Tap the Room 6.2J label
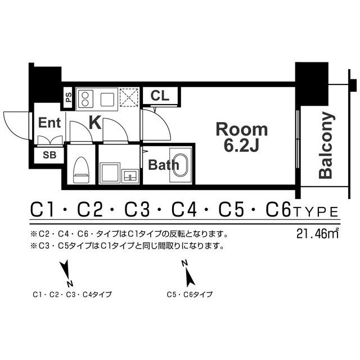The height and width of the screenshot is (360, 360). pyautogui.click(x=242, y=137)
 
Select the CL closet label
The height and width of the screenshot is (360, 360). pyautogui.click(x=160, y=96)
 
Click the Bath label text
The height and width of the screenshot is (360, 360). pyautogui.click(x=164, y=165)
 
